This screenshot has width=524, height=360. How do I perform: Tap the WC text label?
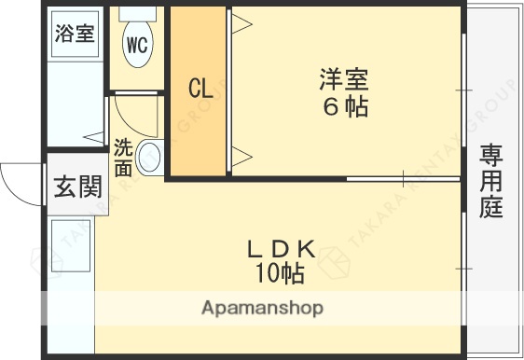click(x=137, y=45)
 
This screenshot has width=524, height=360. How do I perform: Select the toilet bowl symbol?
click(x=137, y=42)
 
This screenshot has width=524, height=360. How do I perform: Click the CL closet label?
click(x=200, y=90)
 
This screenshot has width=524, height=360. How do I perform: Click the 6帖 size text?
click(x=345, y=107)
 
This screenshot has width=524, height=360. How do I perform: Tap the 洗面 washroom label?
click(x=123, y=158)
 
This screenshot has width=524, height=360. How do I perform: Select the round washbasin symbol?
click(x=150, y=158)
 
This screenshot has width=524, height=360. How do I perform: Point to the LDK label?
click(x=281, y=249)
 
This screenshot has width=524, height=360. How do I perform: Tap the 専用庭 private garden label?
click(x=491, y=181)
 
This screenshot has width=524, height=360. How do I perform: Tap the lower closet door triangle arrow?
click(x=240, y=155)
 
